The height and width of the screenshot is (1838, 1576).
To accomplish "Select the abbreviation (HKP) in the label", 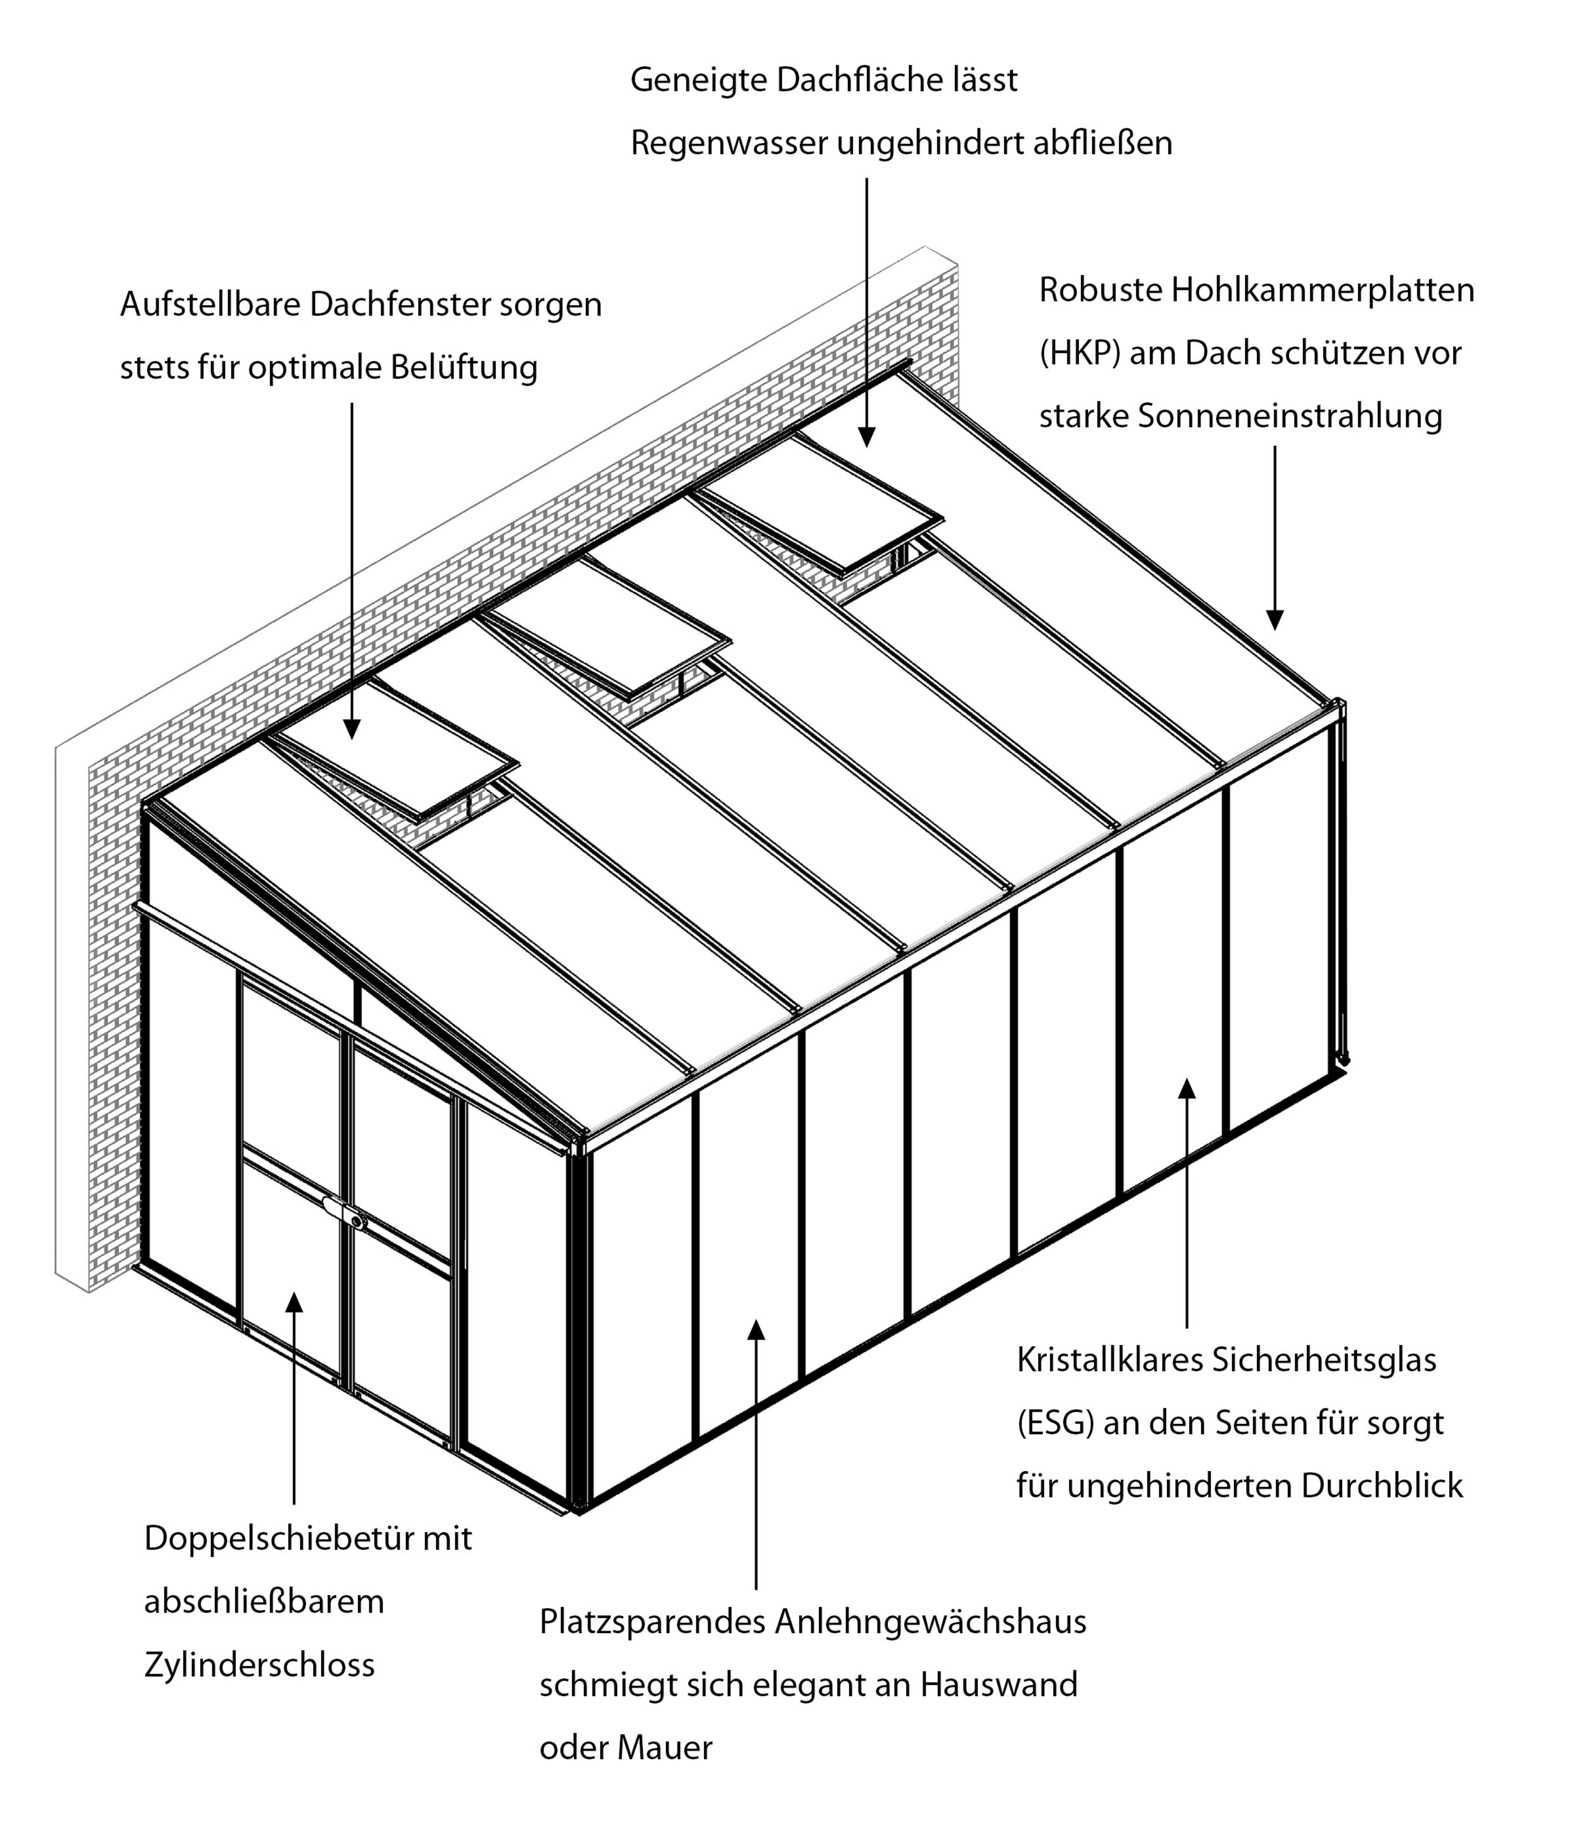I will (x=1079, y=353).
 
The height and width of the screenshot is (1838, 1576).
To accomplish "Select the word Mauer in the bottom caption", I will (x=664, y=1747).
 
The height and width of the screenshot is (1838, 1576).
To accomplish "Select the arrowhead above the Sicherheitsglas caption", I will (x=1187, y=1088).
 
